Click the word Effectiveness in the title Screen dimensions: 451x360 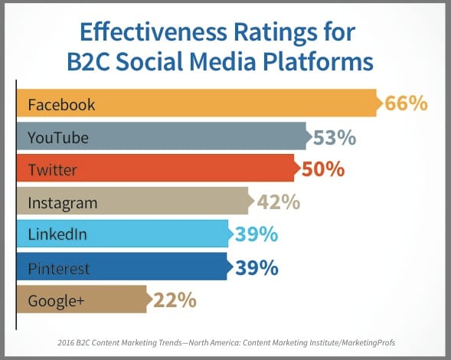153,31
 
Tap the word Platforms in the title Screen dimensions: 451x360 318,62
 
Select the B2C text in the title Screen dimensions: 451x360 88,61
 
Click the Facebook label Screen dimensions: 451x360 61,104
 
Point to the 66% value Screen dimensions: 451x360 406,103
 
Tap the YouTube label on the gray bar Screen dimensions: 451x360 58,138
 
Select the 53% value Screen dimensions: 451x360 335,138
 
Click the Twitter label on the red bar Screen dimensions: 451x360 53,170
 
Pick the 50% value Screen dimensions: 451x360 323,169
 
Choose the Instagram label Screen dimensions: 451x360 63,203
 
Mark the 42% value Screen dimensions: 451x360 279,201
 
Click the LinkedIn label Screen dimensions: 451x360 57,234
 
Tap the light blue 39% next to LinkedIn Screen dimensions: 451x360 257,234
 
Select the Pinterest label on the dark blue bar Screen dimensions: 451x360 59,269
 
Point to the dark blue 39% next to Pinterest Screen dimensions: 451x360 257,268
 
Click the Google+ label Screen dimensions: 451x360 56,301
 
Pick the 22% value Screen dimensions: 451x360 175,300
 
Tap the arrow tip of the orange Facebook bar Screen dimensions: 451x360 383,103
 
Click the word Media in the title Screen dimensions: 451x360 222,61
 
